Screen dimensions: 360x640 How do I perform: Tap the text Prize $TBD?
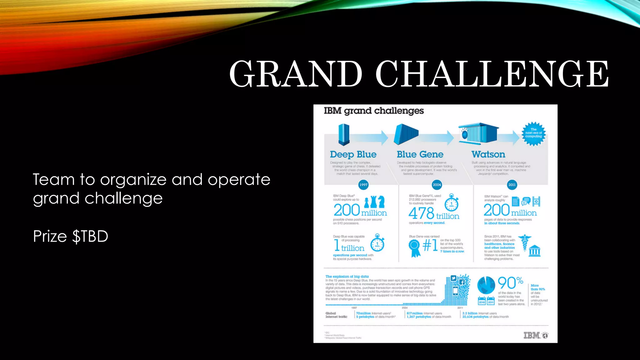coord(71,236)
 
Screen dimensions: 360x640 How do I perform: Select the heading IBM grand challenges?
coord(374,111)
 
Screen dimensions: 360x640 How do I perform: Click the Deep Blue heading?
coord(353,154)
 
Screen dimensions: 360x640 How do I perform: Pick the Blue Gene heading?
coord(420,154)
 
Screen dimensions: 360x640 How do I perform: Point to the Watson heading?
coord(488,154)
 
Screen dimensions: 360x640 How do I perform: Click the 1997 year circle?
coord(363,185)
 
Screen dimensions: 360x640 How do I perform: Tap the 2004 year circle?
coord(437,185)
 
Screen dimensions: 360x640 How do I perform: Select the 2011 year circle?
coord(512,185)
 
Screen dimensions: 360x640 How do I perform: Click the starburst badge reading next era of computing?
coord(533,134)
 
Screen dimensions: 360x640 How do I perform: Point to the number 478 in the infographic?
coord(421,213)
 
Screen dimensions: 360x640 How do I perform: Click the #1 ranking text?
coord(430,245)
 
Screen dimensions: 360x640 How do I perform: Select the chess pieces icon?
coord(374,202)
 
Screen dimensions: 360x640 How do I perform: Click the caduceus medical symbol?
coord(524,242)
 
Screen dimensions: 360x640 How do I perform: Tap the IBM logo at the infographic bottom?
coord(532,335)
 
